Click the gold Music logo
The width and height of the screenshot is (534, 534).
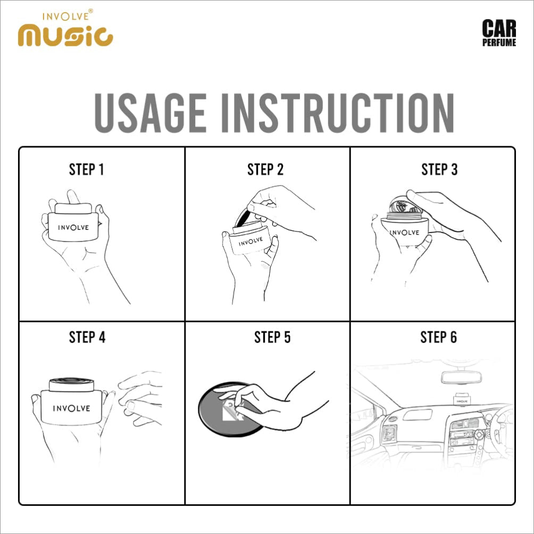[x=65, y=35]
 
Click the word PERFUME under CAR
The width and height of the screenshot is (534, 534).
[x=499, y=42]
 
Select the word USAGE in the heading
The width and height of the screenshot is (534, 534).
[x=150, y=112]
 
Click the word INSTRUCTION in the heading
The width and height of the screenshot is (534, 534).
[x=338, y=112]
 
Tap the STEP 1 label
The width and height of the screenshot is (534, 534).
[x=87, y=169]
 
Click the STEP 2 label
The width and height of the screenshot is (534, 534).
[x=265, y=169]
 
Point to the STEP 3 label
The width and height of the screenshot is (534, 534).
[x=439, y=169]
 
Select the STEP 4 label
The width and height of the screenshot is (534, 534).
[x=87, y=337]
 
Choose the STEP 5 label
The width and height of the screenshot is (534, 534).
[x=272, y=337]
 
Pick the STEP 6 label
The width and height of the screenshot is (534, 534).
[x=439, y=337]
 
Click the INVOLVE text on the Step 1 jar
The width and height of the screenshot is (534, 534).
[x=73, y=228]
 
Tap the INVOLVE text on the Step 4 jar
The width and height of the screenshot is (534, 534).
[x=71, y=408]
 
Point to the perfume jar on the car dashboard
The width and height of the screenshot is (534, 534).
[x=462, y=399]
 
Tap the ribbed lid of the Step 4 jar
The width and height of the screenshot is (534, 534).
[x=71, y=384]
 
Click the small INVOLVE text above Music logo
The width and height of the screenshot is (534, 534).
[x=66, y=16]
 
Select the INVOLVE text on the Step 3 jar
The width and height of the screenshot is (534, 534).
[x=405, y=232]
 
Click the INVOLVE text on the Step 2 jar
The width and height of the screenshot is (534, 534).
[x=251, y=241]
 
